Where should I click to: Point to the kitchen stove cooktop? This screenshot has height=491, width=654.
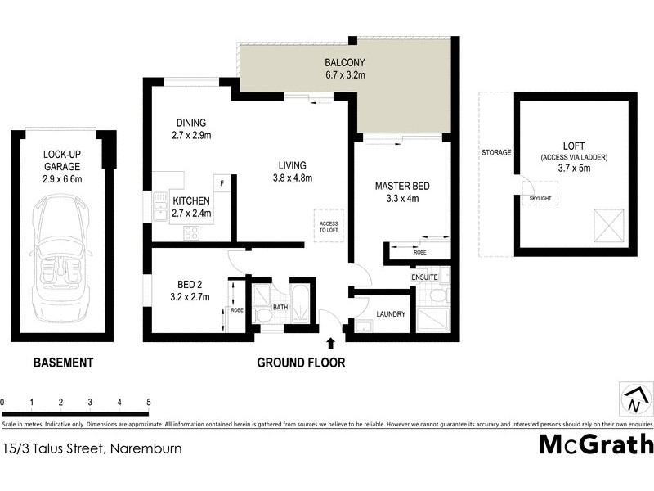point(191,232)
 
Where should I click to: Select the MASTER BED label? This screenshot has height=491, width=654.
point(402,186)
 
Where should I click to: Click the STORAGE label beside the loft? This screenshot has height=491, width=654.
point(496,152)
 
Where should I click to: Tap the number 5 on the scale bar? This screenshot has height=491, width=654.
point(149,402)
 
